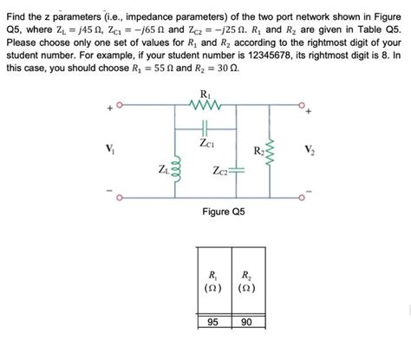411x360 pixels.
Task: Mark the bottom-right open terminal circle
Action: [x=301, y=195]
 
